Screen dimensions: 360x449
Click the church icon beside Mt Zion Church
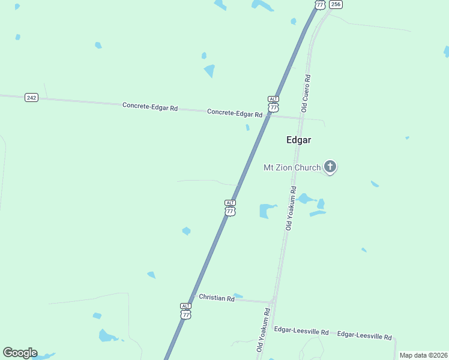[330, 166]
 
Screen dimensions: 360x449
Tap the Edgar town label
[298, 139]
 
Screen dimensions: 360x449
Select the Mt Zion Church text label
[292, 167]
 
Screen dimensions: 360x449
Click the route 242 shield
[31, 97]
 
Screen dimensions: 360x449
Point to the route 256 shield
[336, 4]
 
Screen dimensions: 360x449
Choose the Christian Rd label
[216, 298]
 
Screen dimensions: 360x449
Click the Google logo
[20, 353]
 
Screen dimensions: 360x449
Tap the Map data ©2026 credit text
[423, 355]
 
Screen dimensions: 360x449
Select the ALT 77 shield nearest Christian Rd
[186, 311]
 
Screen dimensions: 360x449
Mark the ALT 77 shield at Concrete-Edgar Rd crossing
[273, 103]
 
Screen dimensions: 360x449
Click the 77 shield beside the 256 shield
[319, 4]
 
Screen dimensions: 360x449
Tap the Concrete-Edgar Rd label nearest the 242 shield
[150, 107]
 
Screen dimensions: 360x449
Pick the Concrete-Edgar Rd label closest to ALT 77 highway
[235, 113]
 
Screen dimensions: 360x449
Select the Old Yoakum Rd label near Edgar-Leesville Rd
[262, 330]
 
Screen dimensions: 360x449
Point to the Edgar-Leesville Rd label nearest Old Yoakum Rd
[301, 331]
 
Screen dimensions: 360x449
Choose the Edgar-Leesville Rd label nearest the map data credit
[364, 337]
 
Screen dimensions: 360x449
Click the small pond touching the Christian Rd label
[238, 295]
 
